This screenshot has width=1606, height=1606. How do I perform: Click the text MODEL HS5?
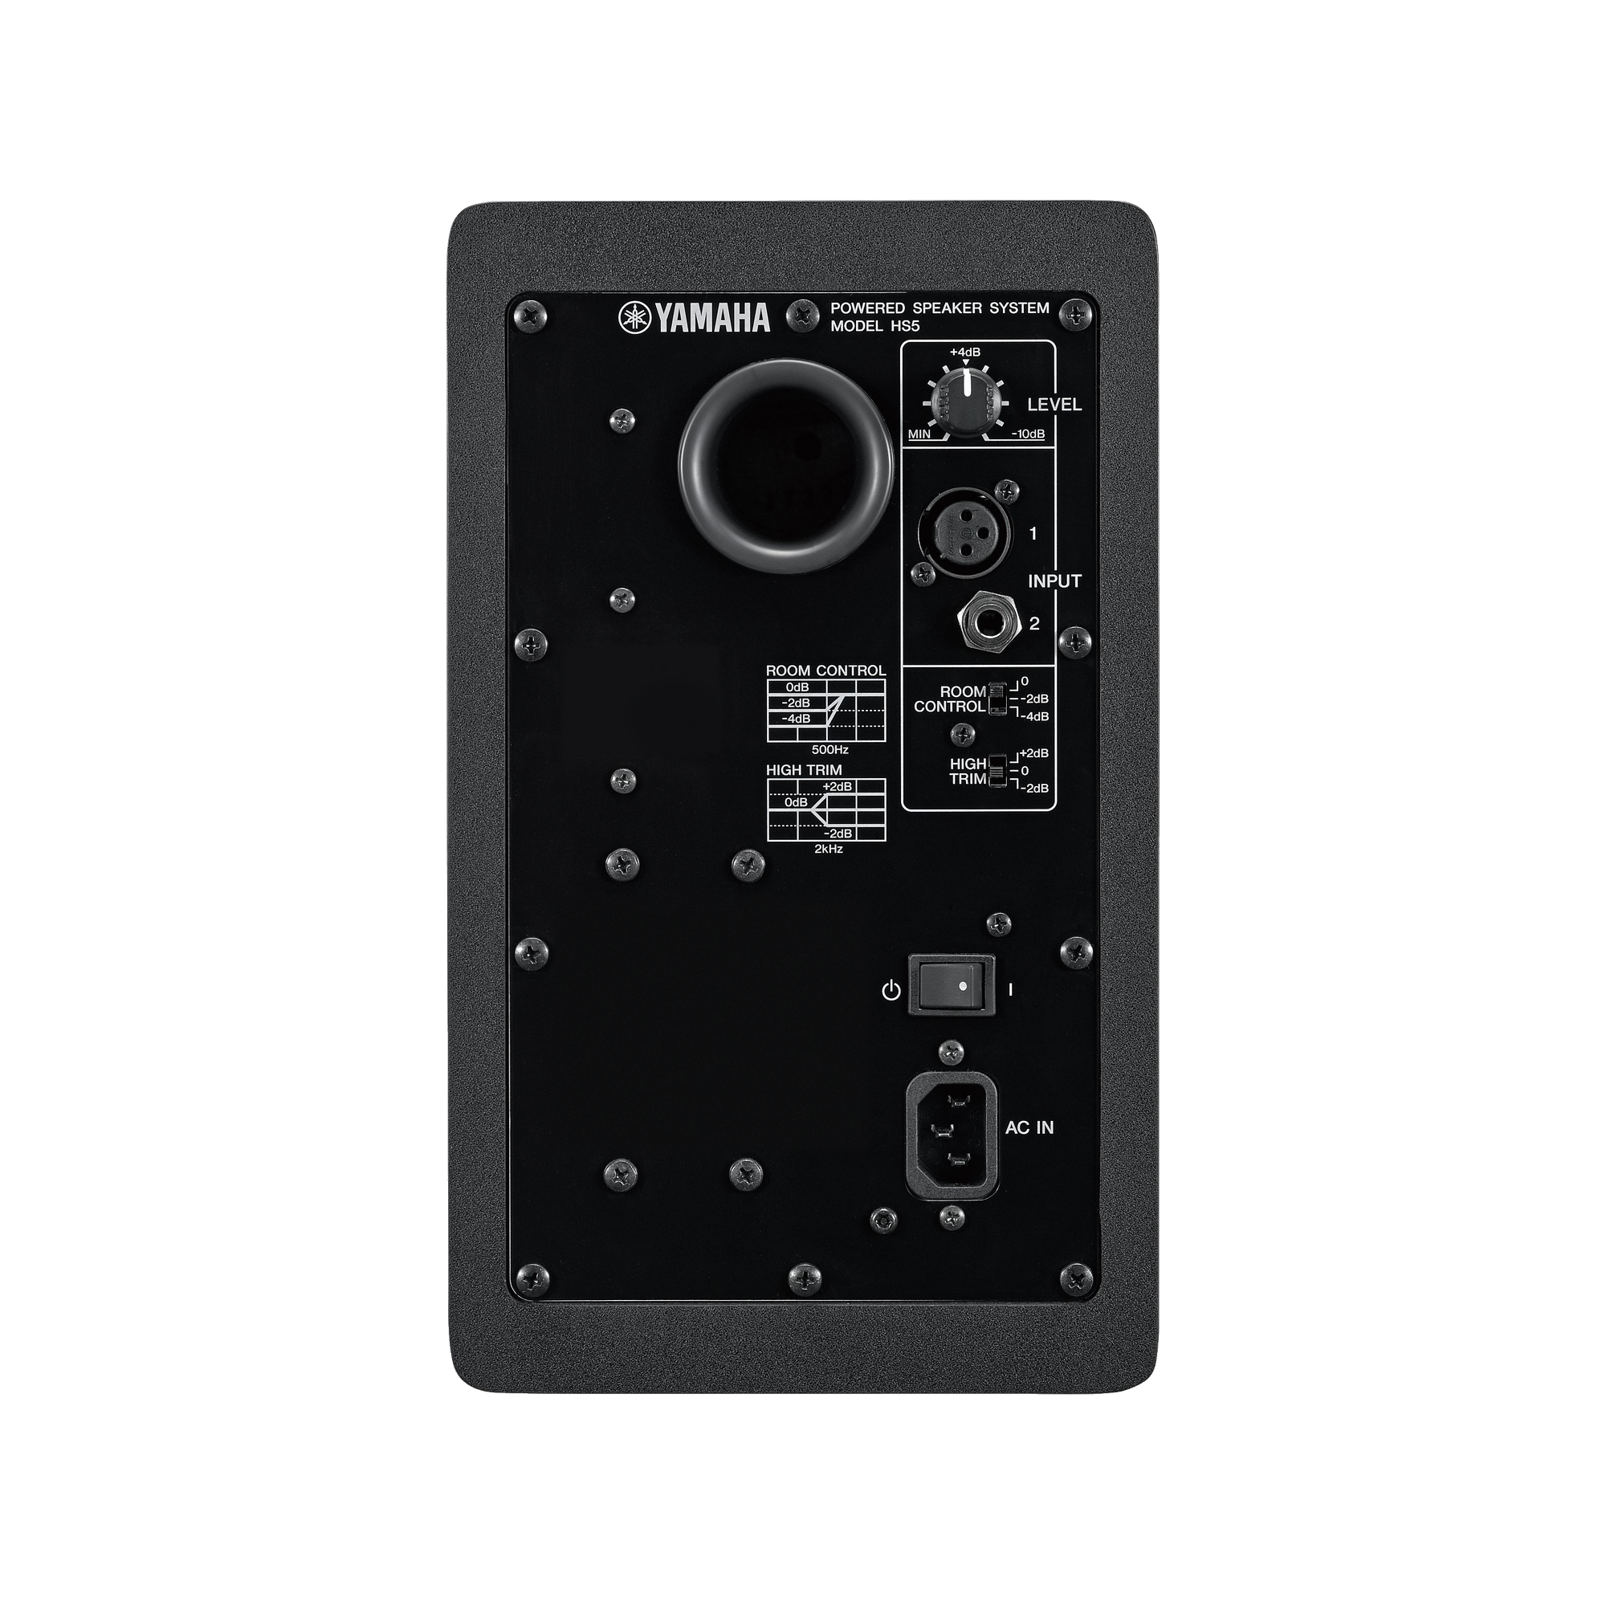pyautogui.click(x=875, y=327)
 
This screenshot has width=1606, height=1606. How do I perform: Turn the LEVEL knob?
pyautogui.click(x=964, y=402)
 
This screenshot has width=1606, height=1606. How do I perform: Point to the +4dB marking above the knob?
pyautogui.click(x=965, y=352)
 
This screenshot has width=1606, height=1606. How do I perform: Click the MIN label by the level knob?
pyautogui.click(x=919, y=434)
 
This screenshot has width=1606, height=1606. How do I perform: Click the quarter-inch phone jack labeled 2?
pyautogui.click(x=989, y=623)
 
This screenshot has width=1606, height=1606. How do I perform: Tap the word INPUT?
pyautogui.click(x=1055, y=582)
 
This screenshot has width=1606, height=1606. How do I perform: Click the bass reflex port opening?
pyautogui.click(x=785, y=466)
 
